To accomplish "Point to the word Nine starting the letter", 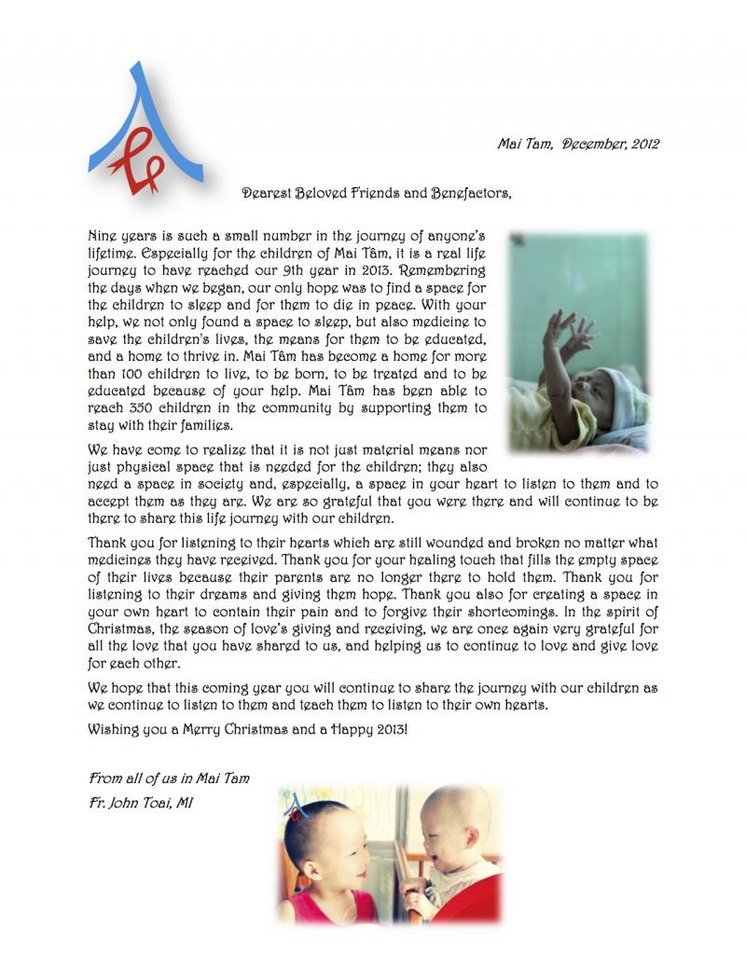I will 104,237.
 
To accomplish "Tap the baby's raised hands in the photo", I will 570,334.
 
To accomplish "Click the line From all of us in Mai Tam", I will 169,778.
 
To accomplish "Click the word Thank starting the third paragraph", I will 107,544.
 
